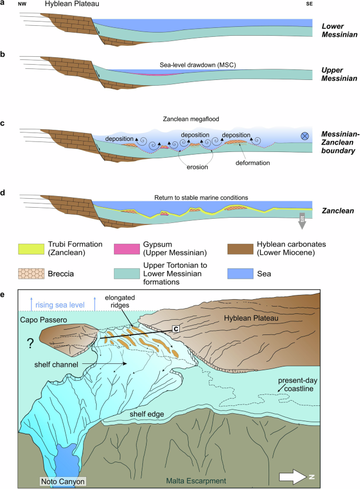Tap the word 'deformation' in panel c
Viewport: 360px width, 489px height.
tap(252, 163)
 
